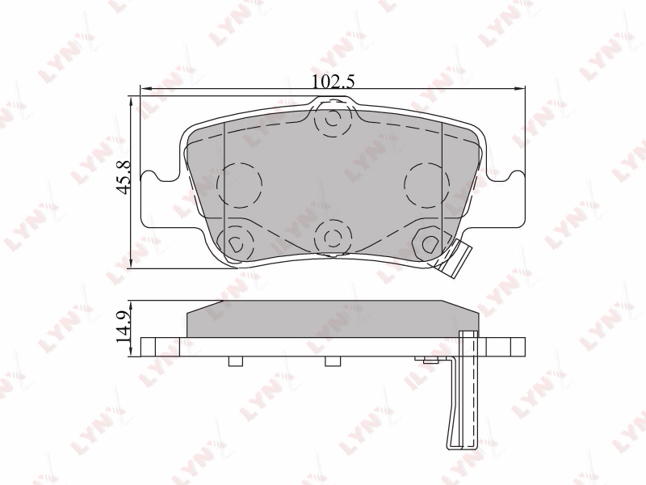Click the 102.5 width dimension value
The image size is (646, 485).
coord(333,82)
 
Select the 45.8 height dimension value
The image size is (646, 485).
coord(124,177)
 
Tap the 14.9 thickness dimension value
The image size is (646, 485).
coord(123,328)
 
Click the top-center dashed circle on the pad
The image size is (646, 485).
coord(333,119)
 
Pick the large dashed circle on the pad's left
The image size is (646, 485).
coord(239,185)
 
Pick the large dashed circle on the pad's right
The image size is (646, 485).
coord(427,185)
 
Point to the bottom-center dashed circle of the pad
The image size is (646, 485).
coord(333,238)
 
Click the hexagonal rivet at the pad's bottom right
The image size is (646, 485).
coord(429,244)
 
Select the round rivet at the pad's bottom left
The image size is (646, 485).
coord(236,244)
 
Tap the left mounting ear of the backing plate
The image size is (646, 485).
coord(160,199)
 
